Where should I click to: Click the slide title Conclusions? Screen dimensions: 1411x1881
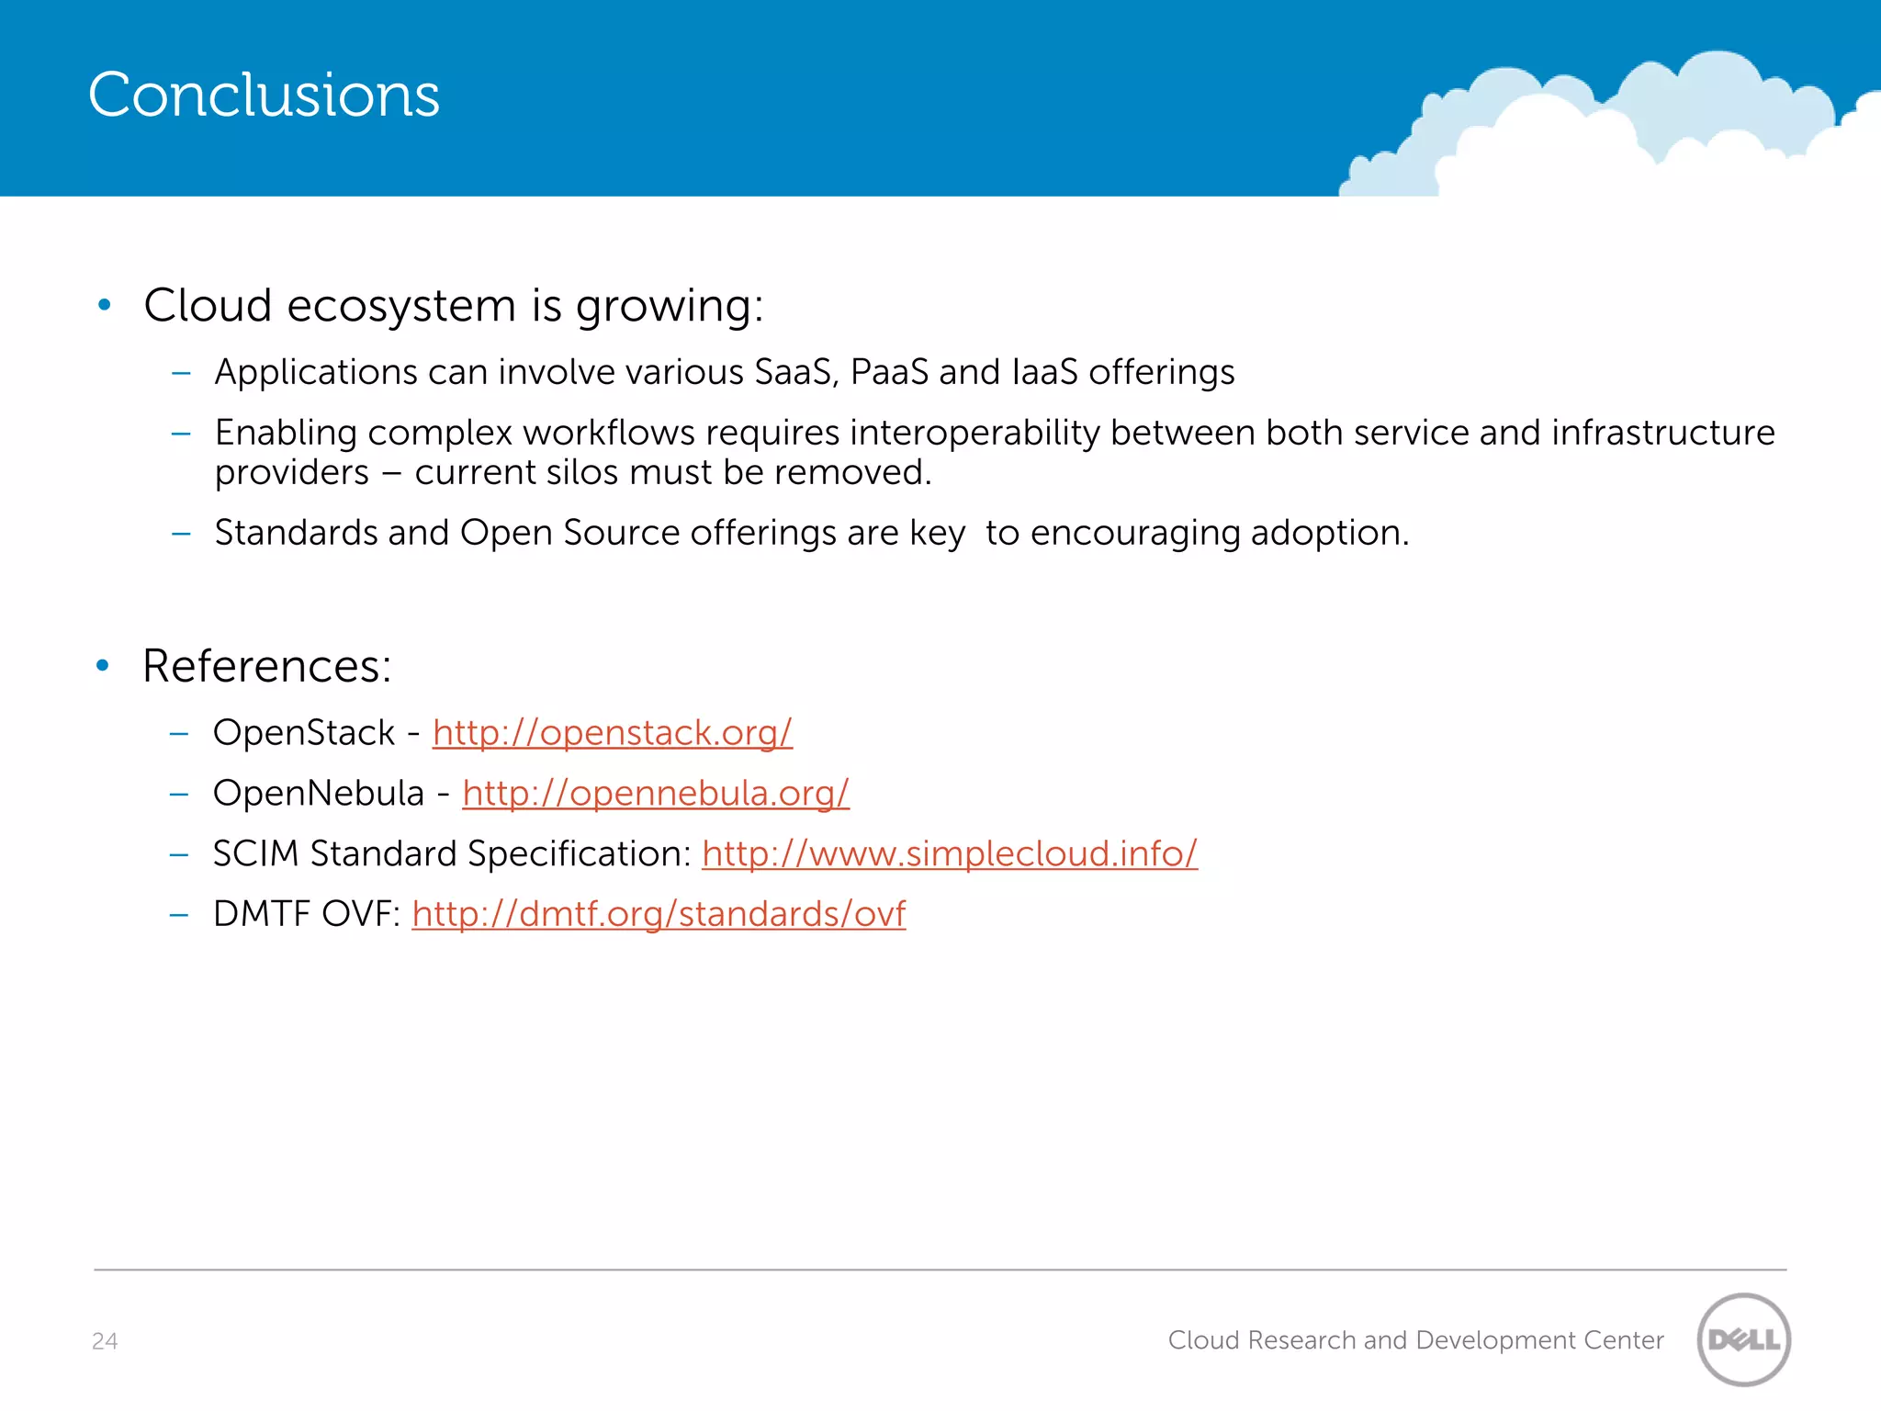(264, 95)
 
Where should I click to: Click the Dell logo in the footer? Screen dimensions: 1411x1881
(1743, 1339)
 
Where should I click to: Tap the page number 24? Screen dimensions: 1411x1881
(105, 1341)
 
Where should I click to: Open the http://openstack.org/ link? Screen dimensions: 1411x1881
(612, 733)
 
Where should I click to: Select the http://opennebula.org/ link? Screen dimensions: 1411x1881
(655, 794)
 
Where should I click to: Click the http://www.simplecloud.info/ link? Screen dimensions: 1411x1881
(949, 853)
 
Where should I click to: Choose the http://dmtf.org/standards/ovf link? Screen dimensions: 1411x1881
(658, 914)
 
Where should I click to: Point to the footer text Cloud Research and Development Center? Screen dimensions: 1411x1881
(1415, 1340)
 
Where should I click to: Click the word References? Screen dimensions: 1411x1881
(266, 666)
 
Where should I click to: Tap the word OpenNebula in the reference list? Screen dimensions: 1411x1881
(318, 794)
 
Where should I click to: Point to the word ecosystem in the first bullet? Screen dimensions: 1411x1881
(401, 306)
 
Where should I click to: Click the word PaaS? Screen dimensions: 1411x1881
(889, 372)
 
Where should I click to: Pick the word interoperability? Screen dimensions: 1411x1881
(974, 433)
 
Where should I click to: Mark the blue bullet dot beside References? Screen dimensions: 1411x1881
(103, 665)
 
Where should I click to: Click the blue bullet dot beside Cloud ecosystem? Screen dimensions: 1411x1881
(104, 304)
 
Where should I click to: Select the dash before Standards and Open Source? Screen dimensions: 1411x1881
(181, 534)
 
